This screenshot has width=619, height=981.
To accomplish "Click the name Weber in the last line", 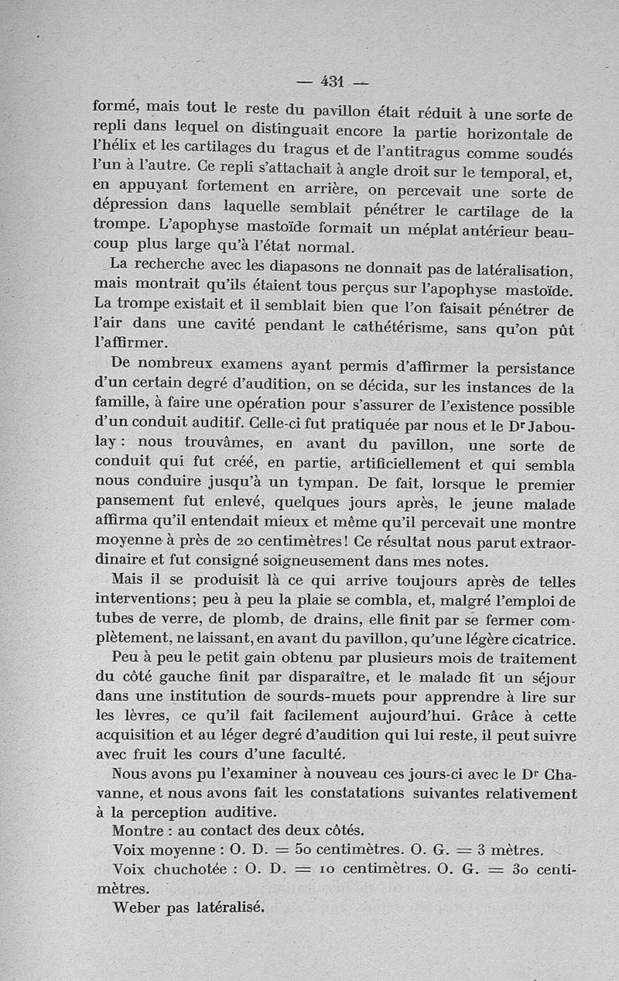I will click(x=137, y=907).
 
